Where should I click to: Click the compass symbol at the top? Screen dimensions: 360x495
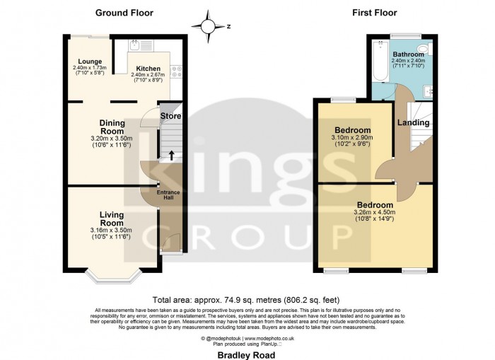[209, 26]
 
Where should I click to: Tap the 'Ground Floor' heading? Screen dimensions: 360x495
[124, 13]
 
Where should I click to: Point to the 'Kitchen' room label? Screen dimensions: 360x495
[148, 69]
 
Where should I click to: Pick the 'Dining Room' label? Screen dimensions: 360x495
[112, 127]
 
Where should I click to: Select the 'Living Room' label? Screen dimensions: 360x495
[112, 219]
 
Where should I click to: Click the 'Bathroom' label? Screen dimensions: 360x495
[408, 54]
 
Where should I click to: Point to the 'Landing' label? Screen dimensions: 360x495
[413, 123]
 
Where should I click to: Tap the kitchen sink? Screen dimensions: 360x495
[134, 47]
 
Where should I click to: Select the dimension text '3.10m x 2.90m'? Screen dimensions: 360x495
[352, 137]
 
